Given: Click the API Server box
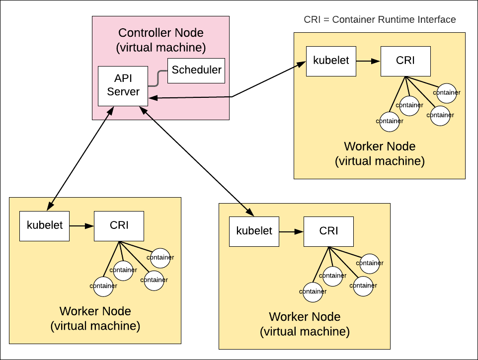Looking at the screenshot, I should point(123,85).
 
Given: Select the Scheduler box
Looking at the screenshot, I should point(196,70).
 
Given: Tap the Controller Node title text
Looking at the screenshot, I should point(160,33).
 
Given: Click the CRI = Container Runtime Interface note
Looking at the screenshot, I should point(380,20).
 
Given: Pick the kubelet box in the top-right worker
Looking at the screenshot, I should point(331,61).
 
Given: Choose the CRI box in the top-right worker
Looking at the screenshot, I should point(405,61).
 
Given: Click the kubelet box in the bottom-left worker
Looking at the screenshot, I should point(45,225).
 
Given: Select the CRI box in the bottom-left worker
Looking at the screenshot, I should point(119,225).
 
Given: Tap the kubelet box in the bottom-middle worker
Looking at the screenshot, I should point(254,231).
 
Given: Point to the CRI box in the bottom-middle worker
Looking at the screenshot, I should point(328,231).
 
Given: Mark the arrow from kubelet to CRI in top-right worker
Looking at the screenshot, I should point(368,62).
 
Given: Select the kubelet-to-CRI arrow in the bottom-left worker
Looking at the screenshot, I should point(82,226).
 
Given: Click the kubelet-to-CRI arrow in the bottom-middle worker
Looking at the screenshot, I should point(291,232).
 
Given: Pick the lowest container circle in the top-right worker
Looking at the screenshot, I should point(389,121).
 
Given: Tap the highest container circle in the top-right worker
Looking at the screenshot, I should point(446,92).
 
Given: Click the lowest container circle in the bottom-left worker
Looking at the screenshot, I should point(103,286).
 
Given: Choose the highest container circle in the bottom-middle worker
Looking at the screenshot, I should point(370,263).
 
